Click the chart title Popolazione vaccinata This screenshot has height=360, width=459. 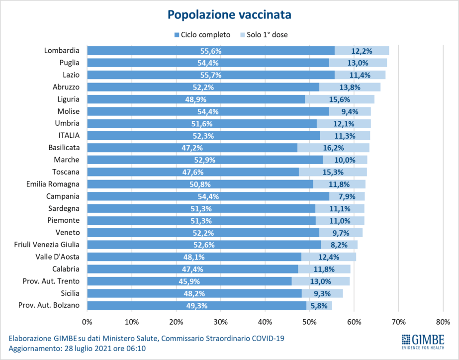(x=229, y=14)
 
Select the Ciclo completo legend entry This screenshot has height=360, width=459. (x=202, y=35)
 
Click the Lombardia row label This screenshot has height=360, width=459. (x=61, y=50)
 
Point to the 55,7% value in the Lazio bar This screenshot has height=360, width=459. (x=211, y=75)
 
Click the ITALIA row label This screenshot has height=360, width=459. (x=69, y=135)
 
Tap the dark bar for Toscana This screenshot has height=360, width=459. (x=193, y=172)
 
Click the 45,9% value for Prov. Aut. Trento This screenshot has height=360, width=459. (x=189, y=281)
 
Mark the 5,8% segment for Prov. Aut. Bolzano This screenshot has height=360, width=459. (x=319, y=305)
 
